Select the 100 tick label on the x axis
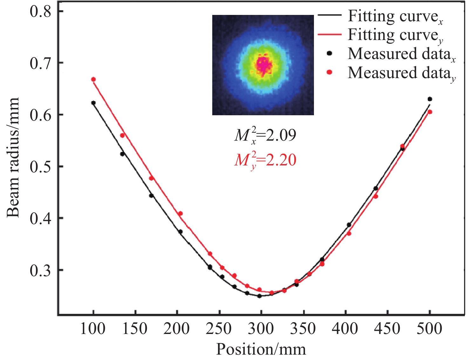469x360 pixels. (93, 329)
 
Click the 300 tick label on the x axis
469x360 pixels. (261, 329)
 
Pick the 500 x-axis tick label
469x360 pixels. (429, 329)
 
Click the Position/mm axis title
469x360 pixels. (261, 349)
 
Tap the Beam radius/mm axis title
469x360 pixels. (13, 157)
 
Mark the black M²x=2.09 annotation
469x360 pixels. (265, 136)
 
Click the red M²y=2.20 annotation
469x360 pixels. (265, 160)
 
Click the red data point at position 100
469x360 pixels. (93, 79)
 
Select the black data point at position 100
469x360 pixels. (93, 103)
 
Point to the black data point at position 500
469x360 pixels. (430, 99)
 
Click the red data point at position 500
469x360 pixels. (430, 112)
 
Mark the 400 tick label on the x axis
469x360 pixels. (345, 329)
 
